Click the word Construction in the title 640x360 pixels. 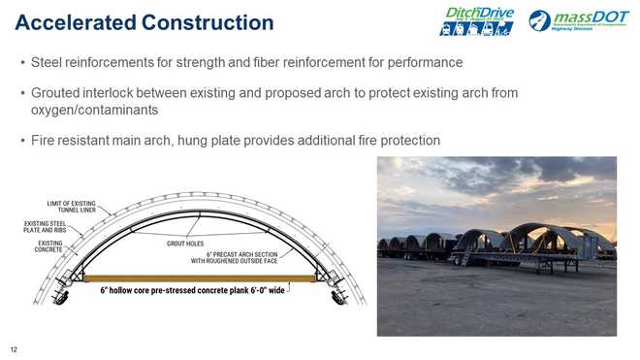(207, 20)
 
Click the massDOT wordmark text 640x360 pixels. (587, 16)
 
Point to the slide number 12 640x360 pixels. (14, 349)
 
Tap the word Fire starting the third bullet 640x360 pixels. (45, 141)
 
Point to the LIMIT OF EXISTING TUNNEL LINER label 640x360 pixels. (77, 207)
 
